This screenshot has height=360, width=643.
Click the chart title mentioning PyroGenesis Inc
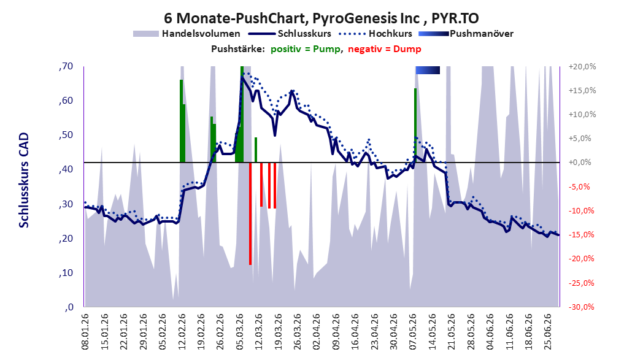click(x=321, y=18)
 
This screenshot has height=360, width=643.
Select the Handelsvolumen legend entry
click(x=187, y=34)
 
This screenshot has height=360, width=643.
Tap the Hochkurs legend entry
click(x=375, y=34)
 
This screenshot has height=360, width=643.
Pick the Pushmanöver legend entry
click(x=466, y=34)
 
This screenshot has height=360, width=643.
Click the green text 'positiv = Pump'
click(x=305, y=49)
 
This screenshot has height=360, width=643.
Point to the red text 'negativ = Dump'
click(x=384, y=49)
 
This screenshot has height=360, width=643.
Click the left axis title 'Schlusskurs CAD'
click(x=24, y=180)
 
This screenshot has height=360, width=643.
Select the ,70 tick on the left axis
click(x=66, y=66)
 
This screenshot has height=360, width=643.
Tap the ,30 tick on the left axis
click(x=66, y=204)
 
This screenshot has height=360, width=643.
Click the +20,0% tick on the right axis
click(x=582, y=66)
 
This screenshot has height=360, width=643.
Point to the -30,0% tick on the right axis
click(x=582, y=307)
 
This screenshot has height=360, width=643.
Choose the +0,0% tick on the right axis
click(x=580, y=163)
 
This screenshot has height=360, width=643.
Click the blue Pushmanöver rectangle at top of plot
click(x=428, y=70)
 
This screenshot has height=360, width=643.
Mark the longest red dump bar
click(x=250, y=213)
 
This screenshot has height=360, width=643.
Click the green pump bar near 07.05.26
click(x=415, y=126)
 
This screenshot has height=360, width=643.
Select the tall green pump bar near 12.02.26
click(x=181, y=121)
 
